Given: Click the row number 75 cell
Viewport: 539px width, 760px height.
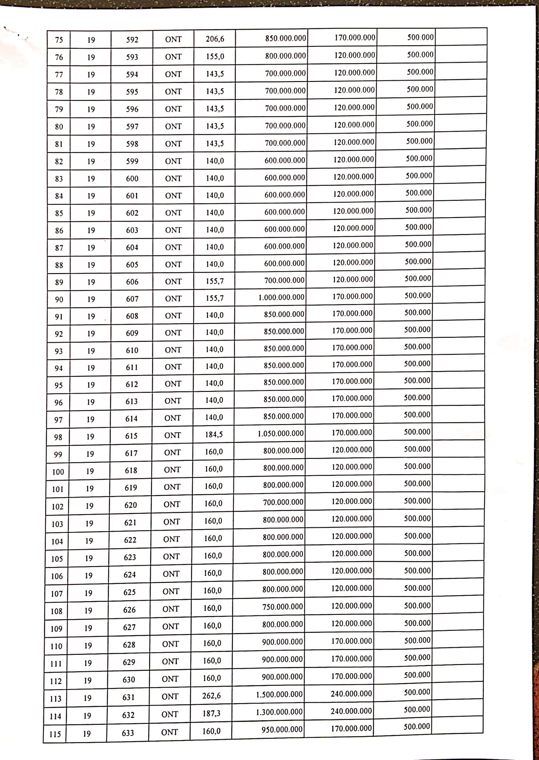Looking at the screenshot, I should (x=59, y=40).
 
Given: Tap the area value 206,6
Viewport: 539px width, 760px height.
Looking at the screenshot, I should (x=215, y=39).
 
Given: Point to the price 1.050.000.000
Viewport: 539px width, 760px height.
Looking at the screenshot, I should (x=281, y=433).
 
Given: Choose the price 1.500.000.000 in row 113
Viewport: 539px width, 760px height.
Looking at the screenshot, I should (x=279, y=694).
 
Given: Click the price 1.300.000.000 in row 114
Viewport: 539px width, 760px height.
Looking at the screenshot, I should (x=279, y=712).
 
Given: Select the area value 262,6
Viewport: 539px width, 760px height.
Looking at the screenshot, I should (x=212, y=695).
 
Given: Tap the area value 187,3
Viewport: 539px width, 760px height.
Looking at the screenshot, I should (x=212, y=713).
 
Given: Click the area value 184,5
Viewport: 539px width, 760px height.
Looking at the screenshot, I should (x=214, y=434).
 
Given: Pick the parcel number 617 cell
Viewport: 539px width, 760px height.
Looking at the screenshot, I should (x=131, y=453).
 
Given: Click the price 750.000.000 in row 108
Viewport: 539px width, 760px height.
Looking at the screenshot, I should (x=282, y=607).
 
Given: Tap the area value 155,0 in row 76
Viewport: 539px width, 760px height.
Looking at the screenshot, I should (x=215, y=56).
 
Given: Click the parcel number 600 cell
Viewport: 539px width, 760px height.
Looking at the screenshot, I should (x=132, y=178).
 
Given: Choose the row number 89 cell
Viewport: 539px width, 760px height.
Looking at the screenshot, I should (x=59, y=282).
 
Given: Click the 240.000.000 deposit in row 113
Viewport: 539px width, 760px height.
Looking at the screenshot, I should (x=351, y=694).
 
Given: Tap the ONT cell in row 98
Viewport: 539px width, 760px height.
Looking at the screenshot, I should (x=173, y=435).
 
